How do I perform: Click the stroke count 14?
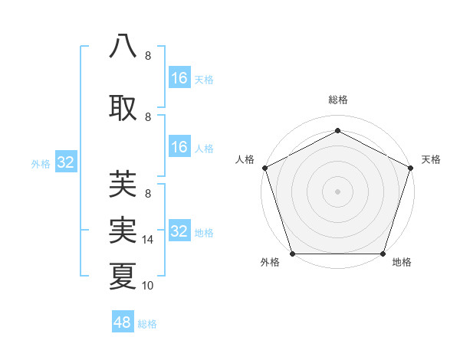click(x=149, y=240)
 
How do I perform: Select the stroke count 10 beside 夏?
click(x=149, y=286)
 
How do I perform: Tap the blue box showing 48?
click(x=123, y=322)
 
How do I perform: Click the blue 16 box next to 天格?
click(x=179, y=78)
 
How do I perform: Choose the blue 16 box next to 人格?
click(x=179, y=147)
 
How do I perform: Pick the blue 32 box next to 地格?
click(x=179, y=231)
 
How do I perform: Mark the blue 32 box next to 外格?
click(x=65, y=162)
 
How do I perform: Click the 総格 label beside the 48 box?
click(x=147, y=324)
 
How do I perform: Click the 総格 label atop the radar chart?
click(x=337, y=100)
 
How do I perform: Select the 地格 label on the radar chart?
click(x=402, y=262)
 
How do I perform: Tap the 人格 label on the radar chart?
click(x=245, y=159)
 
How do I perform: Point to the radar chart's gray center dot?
click(x=337, y=191)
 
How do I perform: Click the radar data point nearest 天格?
click(x=410, y=168)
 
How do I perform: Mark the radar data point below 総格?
click(x=337, y=130)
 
